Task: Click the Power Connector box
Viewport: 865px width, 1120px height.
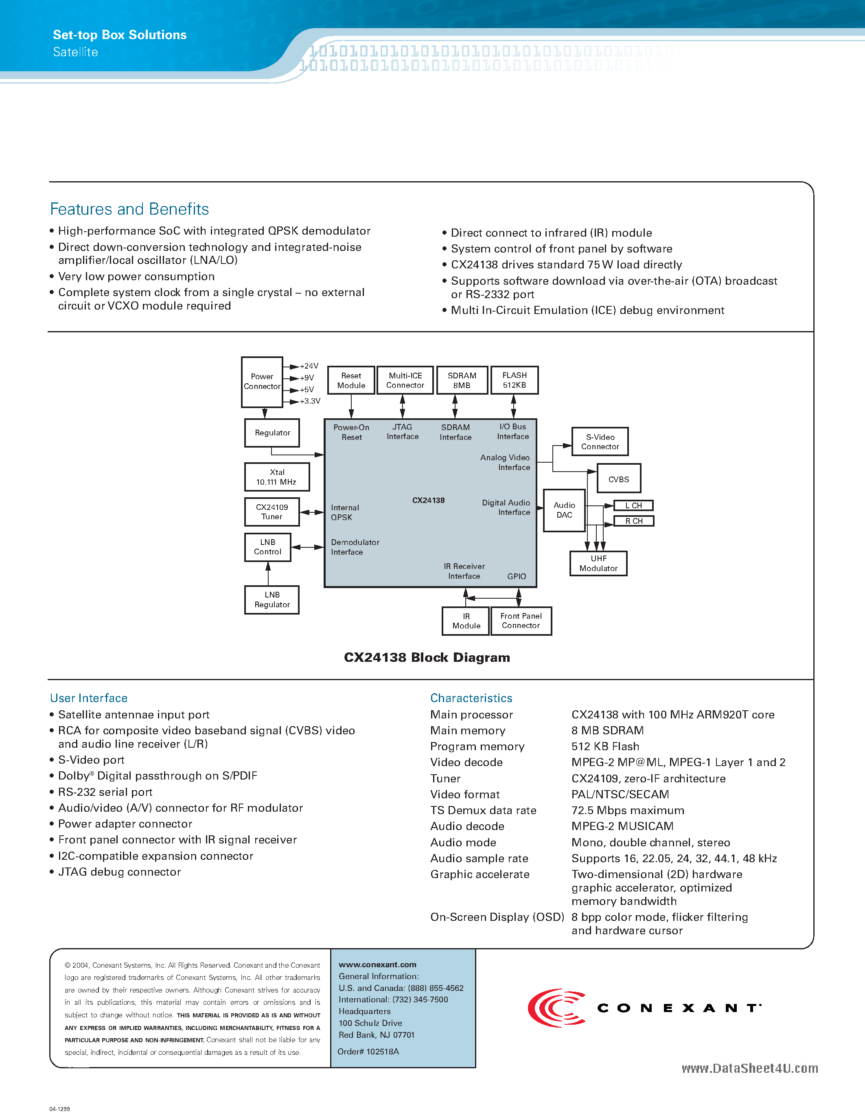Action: click(262, 382)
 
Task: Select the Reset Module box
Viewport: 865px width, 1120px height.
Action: click(351, 380)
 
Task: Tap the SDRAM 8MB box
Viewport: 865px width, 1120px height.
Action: click(462, 380)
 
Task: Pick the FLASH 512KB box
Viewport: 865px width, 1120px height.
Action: click(515, 380)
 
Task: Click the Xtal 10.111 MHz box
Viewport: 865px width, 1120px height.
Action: click(277, 477)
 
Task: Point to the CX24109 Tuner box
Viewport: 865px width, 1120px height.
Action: click(272, 512)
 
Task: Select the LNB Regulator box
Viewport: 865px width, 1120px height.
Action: click(272, 600)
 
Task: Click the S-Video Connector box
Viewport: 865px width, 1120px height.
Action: click(600, 441)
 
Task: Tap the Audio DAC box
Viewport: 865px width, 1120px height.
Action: click(564, 510)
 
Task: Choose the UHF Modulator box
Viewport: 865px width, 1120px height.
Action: click(598, 564)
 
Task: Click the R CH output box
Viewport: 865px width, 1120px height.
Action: click(633, 521)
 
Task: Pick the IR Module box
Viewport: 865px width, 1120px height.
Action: click(466, 621)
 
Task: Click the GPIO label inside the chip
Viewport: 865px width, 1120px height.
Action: click(517, 576)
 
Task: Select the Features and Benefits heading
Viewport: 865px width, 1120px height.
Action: click(129, 209)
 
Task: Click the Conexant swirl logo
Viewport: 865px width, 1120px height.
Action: click(556, 1008)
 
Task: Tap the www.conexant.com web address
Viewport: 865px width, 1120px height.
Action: click(377, 964)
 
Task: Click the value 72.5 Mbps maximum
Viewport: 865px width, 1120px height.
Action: click(628, 810)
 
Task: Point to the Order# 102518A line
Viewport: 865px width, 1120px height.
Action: click(368, 1051)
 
